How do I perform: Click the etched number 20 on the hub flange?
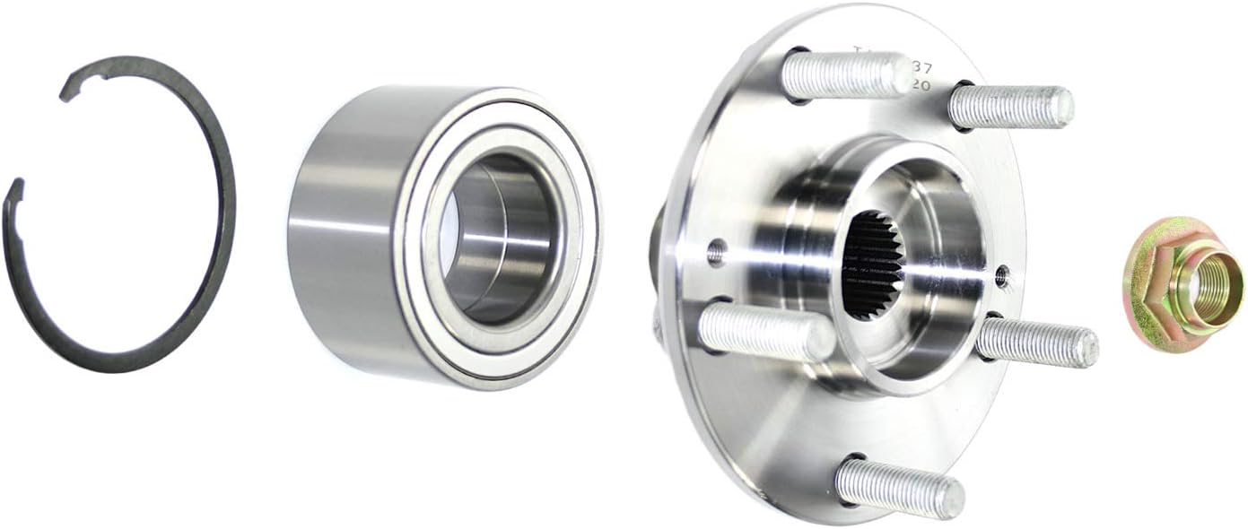[919, 86]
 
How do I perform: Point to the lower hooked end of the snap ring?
[13, 193]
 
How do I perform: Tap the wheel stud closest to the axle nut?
[1036, 341]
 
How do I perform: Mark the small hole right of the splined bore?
[1001, 274]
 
